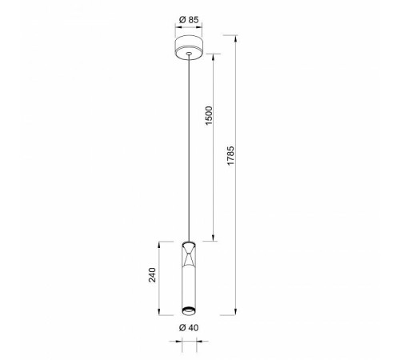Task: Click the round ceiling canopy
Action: pyautogui.click(x=188, y=46)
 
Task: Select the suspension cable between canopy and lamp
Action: pyautogui.click(x=188, y=144)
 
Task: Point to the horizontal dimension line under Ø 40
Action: pyautogui.click(x=188, y=340)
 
